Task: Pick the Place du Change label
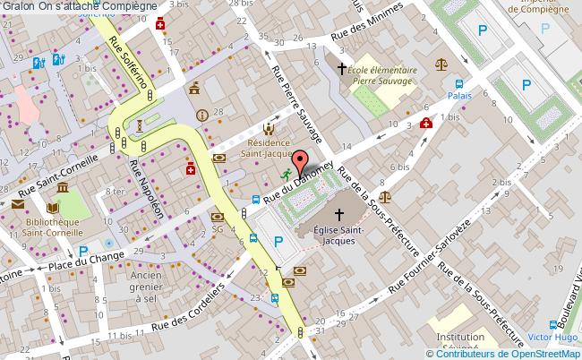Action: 86,261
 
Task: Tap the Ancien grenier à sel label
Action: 145,287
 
